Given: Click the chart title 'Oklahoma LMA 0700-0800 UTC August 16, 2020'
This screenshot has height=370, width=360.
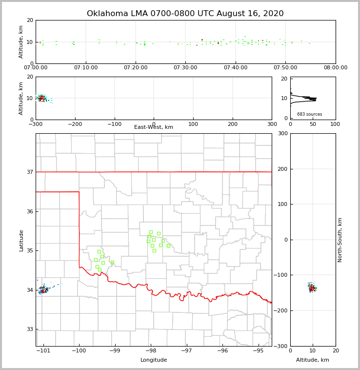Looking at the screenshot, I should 185,14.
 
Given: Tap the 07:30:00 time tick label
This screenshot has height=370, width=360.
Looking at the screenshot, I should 186,68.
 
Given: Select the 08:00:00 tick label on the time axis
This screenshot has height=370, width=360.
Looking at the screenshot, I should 335,68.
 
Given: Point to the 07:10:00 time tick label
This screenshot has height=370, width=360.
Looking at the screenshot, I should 86,68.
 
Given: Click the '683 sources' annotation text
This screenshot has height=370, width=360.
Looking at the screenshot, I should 310,114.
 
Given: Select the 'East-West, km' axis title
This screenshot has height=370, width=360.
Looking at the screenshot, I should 154,127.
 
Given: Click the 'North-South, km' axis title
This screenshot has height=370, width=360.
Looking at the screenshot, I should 340,240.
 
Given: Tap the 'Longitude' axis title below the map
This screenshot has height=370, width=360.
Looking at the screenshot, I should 154,360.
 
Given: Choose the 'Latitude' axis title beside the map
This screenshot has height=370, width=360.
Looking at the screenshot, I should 21,240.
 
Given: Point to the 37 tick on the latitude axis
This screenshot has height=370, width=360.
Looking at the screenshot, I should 30,172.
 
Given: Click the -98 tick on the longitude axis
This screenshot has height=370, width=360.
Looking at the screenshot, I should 151,350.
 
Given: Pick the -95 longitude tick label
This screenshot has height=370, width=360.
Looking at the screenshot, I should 259,350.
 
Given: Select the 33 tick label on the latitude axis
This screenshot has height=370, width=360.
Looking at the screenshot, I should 30,329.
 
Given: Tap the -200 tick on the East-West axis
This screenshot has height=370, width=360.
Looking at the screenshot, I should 75,124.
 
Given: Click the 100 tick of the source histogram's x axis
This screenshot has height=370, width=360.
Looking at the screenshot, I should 335,124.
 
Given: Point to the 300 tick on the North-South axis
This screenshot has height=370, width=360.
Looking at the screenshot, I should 282,134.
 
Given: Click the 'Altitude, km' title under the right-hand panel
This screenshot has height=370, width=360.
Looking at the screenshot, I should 313,360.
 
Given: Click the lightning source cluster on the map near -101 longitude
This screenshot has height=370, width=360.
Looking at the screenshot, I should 43,289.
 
